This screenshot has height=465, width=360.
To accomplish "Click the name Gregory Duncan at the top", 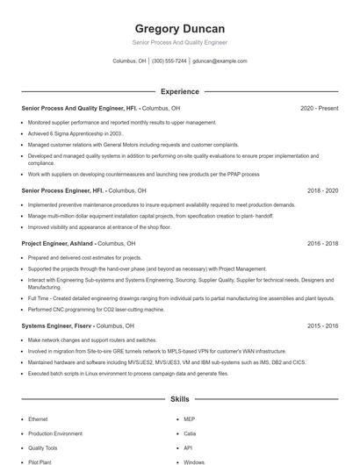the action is click(x=179, y=29).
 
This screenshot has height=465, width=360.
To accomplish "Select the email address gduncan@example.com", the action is click(x=220, y=61).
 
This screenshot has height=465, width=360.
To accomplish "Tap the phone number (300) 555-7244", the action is click(x=169, y=61).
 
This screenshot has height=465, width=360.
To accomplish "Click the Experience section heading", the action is click(x=179, y=91).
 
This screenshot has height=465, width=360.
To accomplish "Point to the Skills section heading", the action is click(x=179, y=399).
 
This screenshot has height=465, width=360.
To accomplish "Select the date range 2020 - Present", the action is click(x=319, y=109).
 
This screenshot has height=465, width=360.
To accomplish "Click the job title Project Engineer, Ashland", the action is click(x=57, y=243).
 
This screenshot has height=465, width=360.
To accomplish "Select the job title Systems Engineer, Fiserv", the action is click(x=56, y=325).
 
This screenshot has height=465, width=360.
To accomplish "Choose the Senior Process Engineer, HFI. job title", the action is click(x=62, y=190).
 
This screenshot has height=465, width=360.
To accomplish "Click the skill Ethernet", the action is click(x=39, y=419).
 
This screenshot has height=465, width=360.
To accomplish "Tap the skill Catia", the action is click(x=190, y=433).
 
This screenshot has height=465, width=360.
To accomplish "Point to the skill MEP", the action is click(x=189, y=419).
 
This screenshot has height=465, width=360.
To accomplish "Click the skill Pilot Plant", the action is click(x=40, y=461).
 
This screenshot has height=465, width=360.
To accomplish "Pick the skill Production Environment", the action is click(x=56, y=433).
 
